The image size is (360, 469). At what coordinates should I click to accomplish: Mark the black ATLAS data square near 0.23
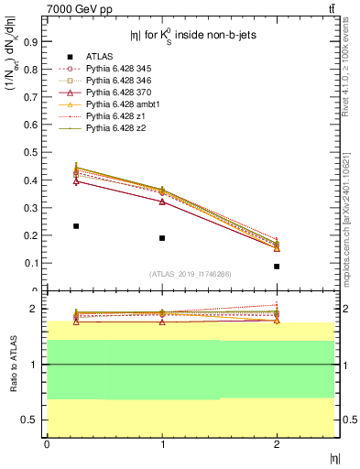(x=76, y=225)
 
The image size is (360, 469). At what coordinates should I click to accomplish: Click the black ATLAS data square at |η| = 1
(x=162, y=238)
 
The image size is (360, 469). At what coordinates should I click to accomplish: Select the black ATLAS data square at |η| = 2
(x=277, y=267)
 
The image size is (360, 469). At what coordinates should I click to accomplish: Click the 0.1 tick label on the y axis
(x=31, y=263)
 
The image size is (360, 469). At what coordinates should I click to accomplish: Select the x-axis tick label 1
(x=162, y=443)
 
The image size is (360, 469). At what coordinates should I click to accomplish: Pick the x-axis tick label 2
(x=277, y=443)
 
